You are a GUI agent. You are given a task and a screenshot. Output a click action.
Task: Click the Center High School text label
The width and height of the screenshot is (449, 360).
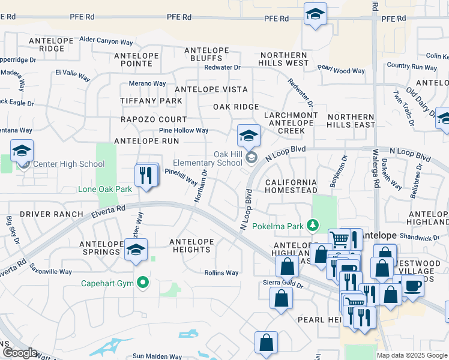tap(68, 164)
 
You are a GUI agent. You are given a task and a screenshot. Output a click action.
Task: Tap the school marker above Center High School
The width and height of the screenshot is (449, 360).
tap(22, 151)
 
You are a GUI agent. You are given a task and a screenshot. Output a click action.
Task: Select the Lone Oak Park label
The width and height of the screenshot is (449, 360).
tap(104, 189)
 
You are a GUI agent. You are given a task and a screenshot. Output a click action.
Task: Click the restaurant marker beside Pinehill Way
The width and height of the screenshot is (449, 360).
tap(146, 175)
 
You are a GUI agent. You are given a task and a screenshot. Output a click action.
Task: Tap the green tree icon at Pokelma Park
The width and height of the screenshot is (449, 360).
tap(312, 226)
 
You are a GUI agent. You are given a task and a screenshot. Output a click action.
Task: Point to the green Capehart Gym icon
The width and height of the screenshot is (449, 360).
tap(142, 282)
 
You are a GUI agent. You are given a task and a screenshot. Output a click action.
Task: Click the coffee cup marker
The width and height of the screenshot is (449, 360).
tap(412, 286)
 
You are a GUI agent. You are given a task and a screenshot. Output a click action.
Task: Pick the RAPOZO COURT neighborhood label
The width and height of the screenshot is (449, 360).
tap(154, 119)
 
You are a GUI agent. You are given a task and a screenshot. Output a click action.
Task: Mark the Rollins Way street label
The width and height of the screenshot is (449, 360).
tap(221, 273)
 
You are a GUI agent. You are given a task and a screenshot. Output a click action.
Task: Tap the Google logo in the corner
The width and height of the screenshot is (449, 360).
tap(20, 353)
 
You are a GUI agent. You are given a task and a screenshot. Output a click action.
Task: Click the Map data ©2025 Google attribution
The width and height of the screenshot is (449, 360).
tap(411, 355)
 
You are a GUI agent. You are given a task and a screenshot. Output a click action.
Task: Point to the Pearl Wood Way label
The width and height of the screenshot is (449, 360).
tap(341, 71)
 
